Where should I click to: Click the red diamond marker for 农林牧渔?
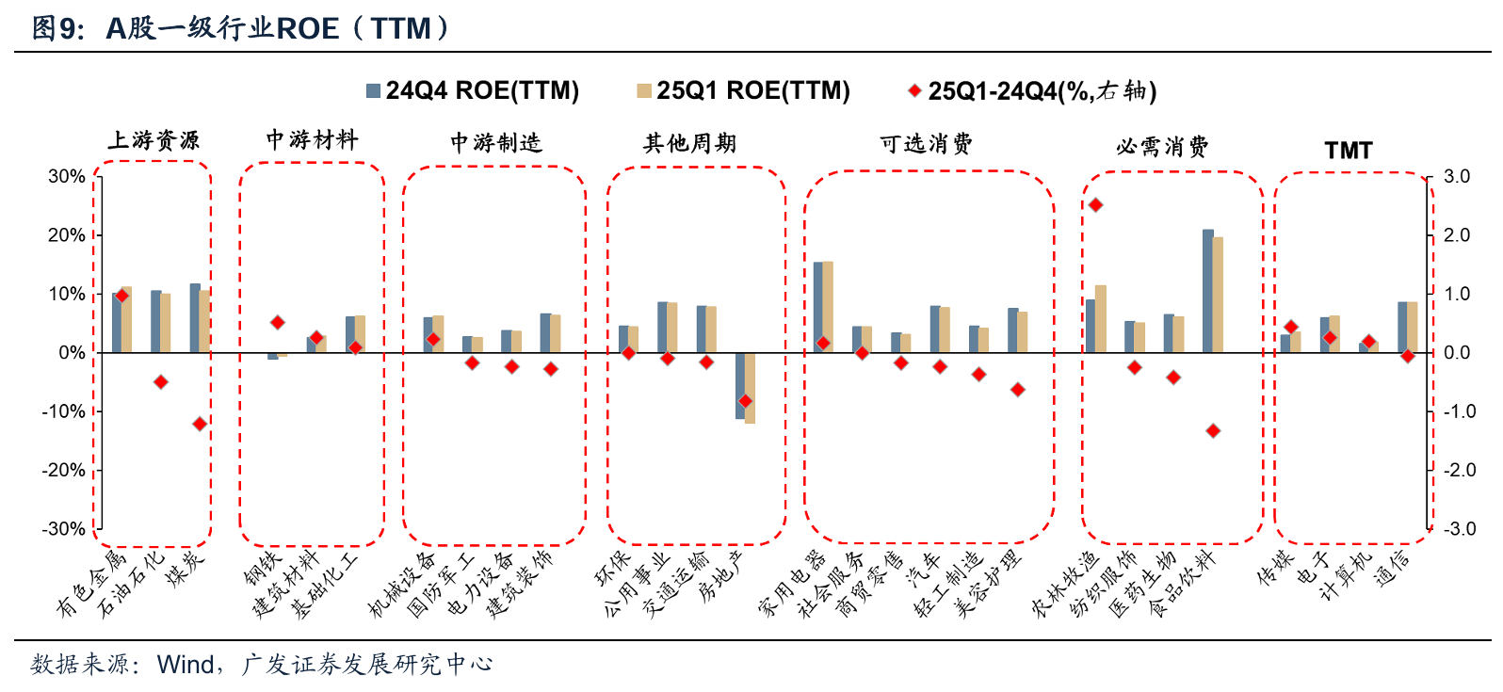1095,204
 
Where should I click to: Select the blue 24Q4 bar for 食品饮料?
1207,291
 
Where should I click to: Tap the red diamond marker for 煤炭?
200,424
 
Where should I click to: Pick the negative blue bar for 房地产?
740,386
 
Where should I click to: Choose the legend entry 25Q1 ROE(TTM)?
744,90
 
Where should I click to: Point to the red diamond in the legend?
913,91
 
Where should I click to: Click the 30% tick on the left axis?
67,177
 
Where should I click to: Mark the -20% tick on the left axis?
63,471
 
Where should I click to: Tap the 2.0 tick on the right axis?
1457,235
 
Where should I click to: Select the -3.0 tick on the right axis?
1456,529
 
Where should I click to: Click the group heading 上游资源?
154,141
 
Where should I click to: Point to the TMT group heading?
1348,151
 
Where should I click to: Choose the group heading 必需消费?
1162,147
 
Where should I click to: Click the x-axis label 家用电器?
793,584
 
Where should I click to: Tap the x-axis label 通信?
1393,569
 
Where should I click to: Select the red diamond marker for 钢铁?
277,322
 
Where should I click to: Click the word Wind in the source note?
186,665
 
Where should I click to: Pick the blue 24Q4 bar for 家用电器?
817,307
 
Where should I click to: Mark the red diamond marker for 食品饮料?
1213,430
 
